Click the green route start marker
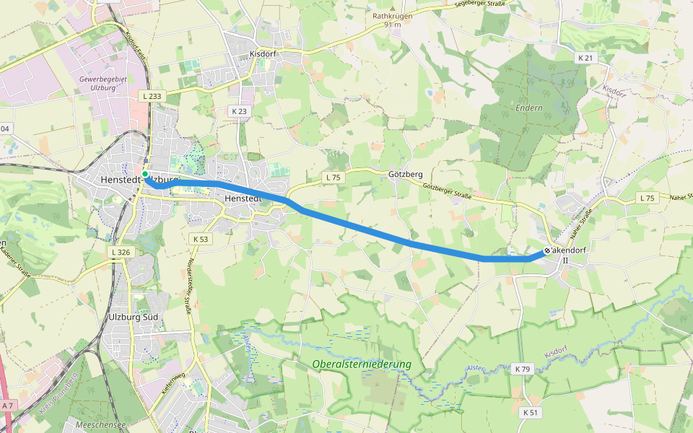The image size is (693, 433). [145, 174]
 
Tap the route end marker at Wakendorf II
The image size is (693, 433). [548, 250]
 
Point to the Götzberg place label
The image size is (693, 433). [405, 175]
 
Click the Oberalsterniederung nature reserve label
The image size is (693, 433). [362, 364]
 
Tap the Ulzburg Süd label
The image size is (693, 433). [131, 317]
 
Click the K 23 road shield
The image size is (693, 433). [239, 111]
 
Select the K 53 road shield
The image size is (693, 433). [200, 238]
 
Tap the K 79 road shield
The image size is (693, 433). [523, 369]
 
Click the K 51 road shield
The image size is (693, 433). [529, 412]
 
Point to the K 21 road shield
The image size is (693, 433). [585, 57]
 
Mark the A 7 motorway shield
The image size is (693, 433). [8, 407]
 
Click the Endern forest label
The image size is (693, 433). [528, 108]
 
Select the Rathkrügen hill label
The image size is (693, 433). [392, 16]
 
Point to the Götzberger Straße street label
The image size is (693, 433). [447, 191]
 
